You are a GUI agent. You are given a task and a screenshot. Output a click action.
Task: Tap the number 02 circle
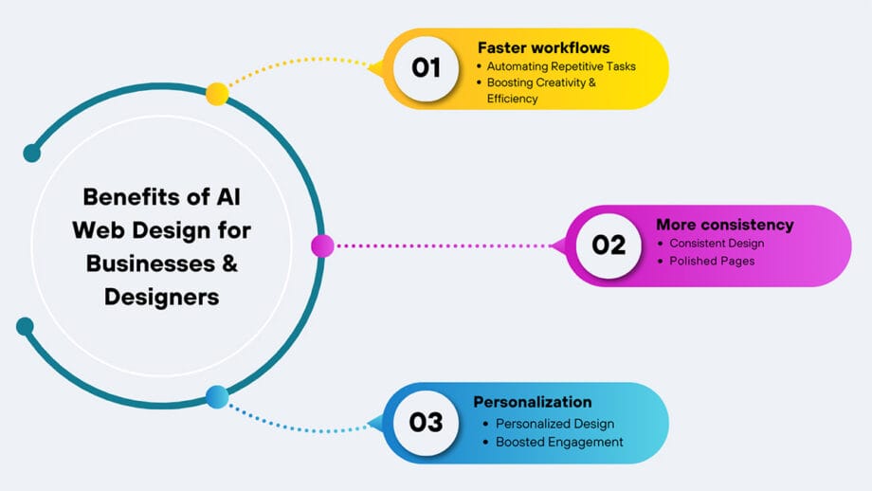[x=609, y=245]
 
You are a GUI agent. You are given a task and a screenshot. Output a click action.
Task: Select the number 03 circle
[x=426, y=422]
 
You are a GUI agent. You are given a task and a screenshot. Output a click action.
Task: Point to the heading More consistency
[x=724, y=225]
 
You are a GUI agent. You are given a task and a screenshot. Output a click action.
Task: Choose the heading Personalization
[x=533, y=402]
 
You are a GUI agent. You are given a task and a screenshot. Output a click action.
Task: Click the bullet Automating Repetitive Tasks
[x=561, y=66]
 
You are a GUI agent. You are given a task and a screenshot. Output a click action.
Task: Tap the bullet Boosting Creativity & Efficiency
[x=540, y=90]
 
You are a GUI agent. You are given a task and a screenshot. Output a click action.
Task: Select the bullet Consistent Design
[x=717, y=244]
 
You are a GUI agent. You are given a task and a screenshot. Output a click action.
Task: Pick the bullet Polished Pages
[x=712, y=261]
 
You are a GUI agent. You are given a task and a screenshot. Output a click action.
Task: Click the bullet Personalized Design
[x=555, y=424]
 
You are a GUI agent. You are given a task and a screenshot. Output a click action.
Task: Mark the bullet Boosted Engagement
[x=559, y=442]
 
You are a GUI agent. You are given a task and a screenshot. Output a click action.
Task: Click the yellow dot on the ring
[x=217, y=93]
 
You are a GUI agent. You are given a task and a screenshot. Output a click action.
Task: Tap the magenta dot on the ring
[x=322, y=246]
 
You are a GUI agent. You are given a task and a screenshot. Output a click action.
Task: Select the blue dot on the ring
[x=217, y=397]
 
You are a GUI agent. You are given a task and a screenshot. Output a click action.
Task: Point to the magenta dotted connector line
[x=445, y=246]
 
